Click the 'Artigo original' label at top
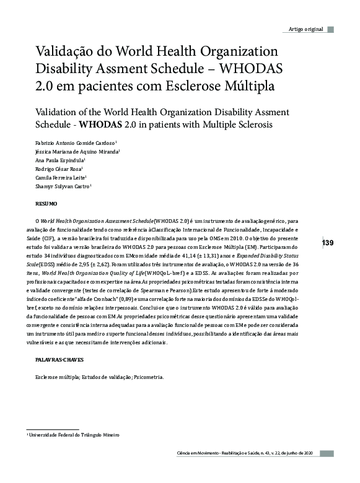click(x=305, y=30)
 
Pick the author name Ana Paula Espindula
click(x=59, y=160)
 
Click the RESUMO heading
click(x=46, y=203)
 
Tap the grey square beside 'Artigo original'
click(x=331, y=29)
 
